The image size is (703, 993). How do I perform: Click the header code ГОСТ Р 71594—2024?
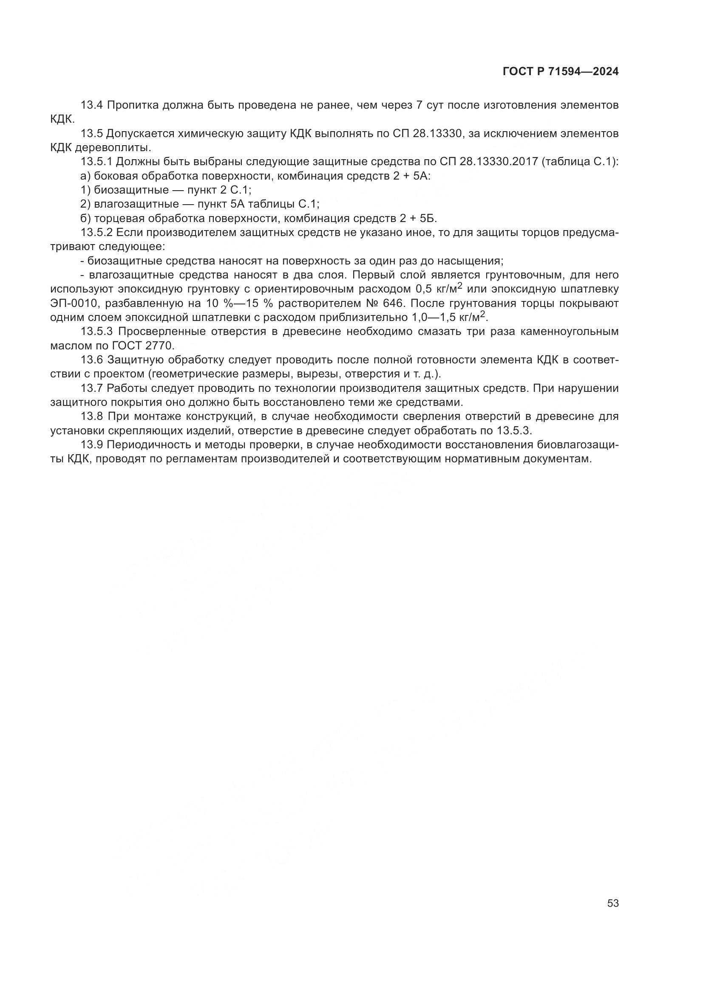pyautogui.click(x=560, y=72)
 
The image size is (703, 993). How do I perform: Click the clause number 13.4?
pyautogui.click(x=92, y=105)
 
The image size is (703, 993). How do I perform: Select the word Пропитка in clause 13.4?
pyautogui.click(x=133, y=105)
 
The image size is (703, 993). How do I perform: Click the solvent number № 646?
pyautogui.click(x=382, y=303)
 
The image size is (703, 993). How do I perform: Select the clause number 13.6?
pyautogui.click(x=92, y=360)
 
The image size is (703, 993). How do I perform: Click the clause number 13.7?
pyautogui.click(x=92, y=388)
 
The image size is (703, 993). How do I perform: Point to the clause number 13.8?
pyautogui.click(x=92, y=416)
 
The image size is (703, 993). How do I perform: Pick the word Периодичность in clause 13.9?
pyautogui.click(x=154, y=444)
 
